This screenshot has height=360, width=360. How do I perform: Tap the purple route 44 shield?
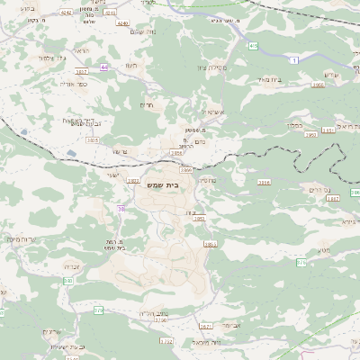click(x=104, y=67)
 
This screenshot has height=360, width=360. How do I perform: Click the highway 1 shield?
click(x=295, y=59)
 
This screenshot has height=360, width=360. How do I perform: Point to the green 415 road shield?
click(x=253, y=45)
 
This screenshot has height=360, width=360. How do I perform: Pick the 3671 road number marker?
click(x=205, y=327)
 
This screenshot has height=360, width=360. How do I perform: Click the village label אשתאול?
click(x=207, y=112)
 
